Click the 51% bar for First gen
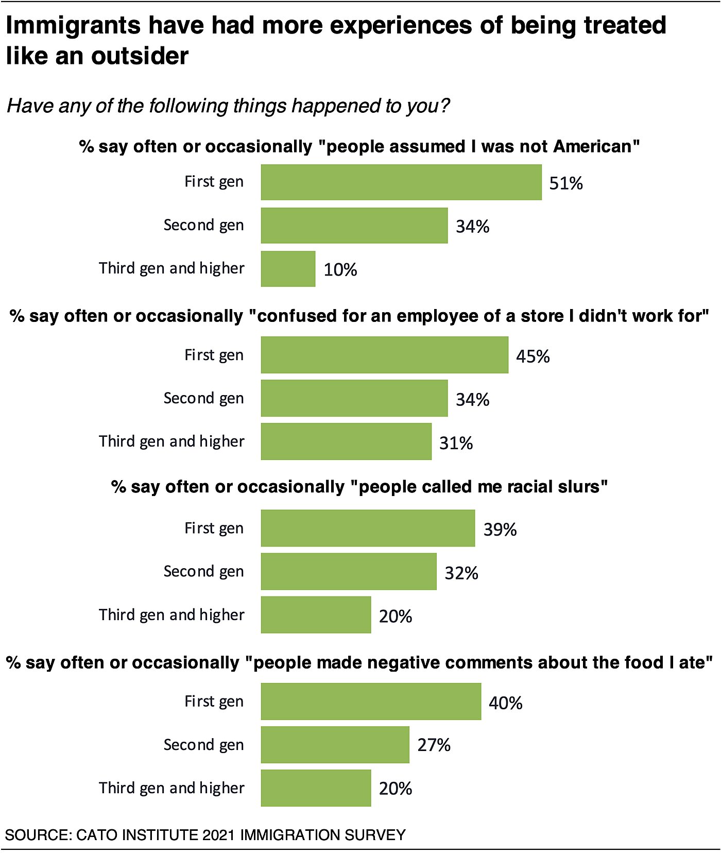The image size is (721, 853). (401, 182)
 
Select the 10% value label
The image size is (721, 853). (340, 269)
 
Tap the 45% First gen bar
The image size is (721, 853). (384, 355)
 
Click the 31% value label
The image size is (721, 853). (456, 443)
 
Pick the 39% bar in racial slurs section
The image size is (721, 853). (368, 528)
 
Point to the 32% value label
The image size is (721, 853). (461, 573)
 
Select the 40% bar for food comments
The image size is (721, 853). (371, 702)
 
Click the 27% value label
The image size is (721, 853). (434, 745)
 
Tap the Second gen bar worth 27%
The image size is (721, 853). (335, 745)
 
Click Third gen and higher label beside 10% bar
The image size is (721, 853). (171, 268)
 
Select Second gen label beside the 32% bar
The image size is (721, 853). (203, 571)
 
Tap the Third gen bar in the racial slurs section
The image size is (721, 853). (316, 615)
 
